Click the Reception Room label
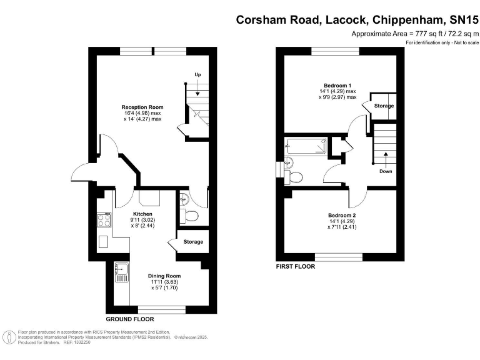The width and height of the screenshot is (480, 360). [142, 107]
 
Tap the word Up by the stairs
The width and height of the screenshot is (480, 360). [197, 74]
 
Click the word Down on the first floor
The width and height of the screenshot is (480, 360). [386, 171]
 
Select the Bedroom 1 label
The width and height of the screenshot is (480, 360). [337, 86]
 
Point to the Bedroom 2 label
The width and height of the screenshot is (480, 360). [342, 215]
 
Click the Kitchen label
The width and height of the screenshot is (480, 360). [142, 214]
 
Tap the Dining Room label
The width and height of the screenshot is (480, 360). [164, 276]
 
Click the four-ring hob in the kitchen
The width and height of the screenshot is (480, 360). [104, 220]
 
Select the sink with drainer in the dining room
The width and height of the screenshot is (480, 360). [122, 272]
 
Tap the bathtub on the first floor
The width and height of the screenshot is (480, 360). [306, 146]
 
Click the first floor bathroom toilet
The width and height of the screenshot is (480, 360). [294, 177]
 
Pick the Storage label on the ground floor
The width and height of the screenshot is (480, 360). [193, 242]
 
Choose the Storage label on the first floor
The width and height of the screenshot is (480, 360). [384, 106]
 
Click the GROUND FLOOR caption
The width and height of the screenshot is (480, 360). [130, 319]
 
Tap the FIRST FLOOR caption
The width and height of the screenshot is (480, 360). [296, 267]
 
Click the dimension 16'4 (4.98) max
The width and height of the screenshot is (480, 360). [142, 113]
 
